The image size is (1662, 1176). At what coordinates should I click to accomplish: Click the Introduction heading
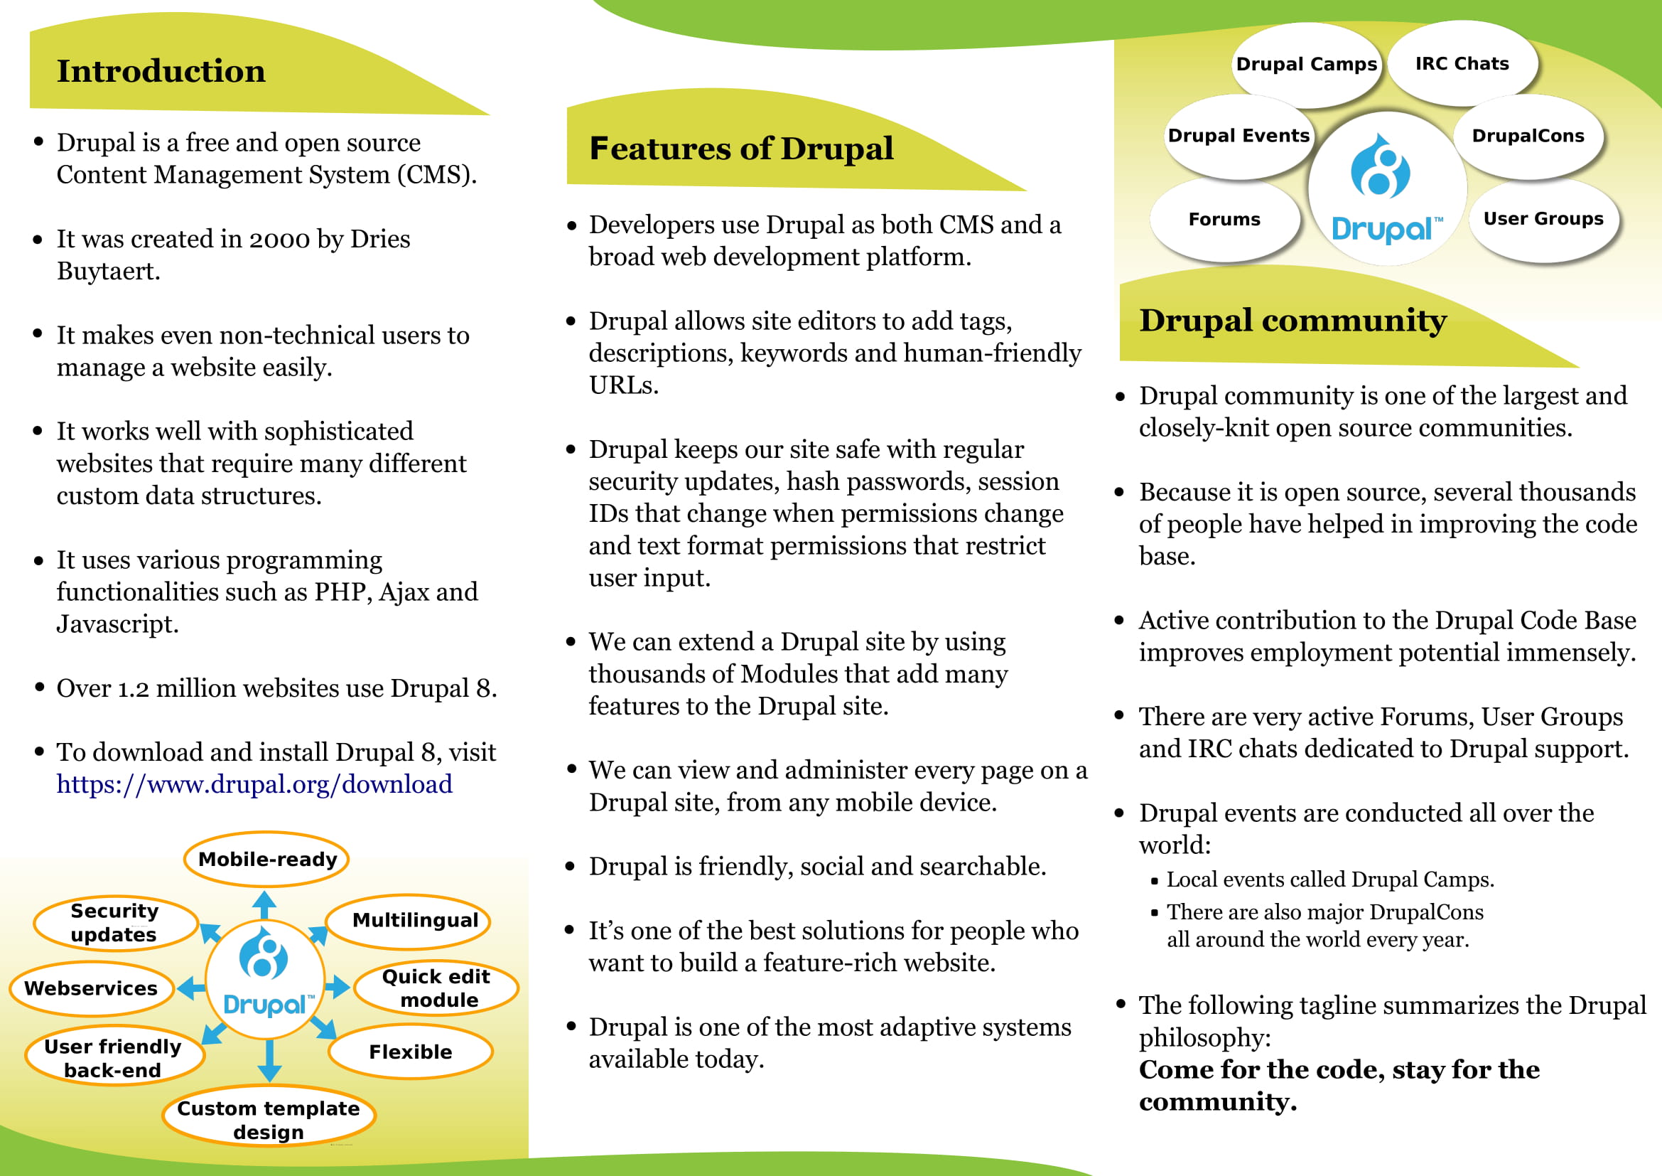click(161, 71)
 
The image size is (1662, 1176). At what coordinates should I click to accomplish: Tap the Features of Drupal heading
click(740, 149)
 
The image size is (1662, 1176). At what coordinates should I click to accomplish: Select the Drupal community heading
click(1292, 320)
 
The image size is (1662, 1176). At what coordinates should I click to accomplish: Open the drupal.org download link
click(254, 784)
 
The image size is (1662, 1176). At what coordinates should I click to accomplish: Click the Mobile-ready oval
click(267, 859)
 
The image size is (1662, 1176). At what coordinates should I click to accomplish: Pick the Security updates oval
click(114, 923)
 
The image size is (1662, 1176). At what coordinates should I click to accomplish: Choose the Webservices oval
click(90, 988)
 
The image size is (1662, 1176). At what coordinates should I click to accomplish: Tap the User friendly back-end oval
click(113, 1058)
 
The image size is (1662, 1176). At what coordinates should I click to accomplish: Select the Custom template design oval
click(268, 1120)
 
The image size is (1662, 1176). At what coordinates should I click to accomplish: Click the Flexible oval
click(411, 1052)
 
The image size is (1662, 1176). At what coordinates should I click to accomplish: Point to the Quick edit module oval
click(436, 988)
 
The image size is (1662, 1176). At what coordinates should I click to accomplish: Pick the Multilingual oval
click(415, 920)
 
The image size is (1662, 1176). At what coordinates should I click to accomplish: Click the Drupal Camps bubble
click(1306, 65)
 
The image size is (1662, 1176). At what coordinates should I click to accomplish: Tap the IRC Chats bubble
click(1462, 64)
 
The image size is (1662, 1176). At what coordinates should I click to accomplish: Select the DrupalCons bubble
click(1528, 136)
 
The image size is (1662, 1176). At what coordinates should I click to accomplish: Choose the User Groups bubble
click(1543, 219)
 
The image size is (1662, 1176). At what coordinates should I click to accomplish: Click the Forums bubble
click(1224, 220)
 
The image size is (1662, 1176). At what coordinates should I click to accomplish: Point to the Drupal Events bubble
click(1239, 136)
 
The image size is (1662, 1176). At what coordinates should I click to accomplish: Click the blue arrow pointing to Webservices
click(191, 988)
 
